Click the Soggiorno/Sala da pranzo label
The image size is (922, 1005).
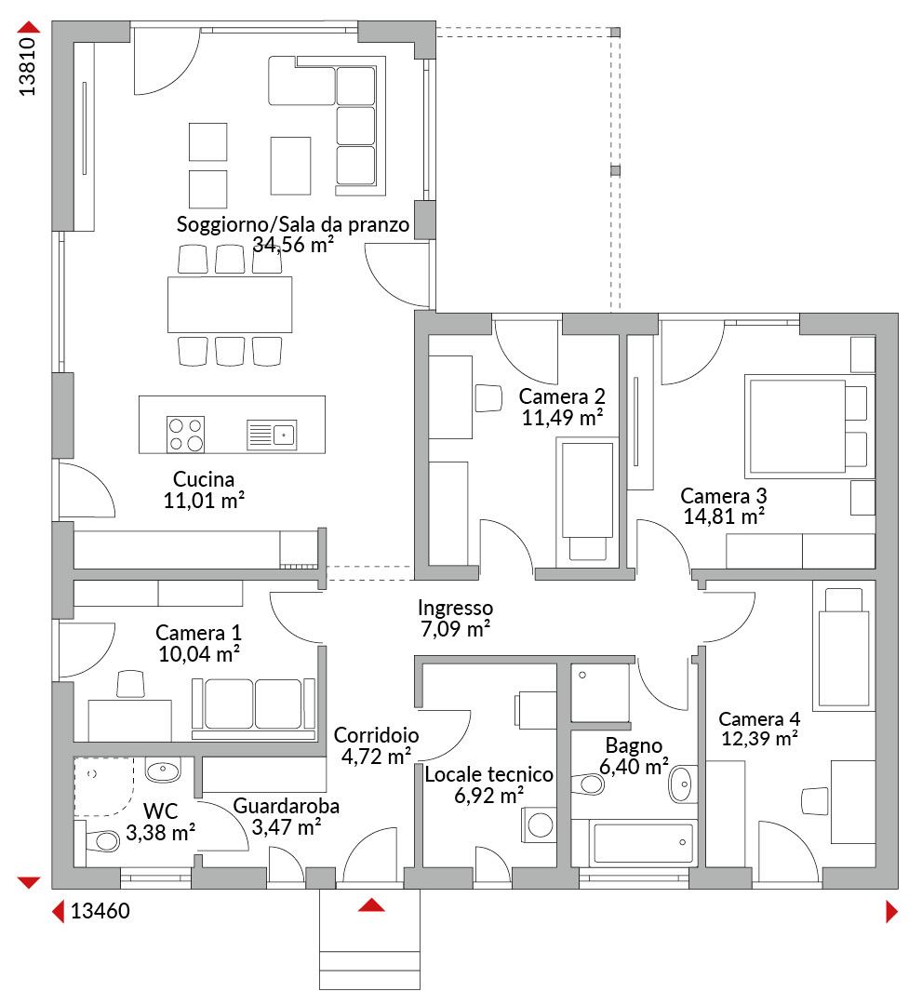[x=293, y=224]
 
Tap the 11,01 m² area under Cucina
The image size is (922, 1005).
[x=204, y=500]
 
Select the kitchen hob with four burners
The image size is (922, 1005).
[x=185, y=435]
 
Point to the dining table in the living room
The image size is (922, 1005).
[x=230, y=304]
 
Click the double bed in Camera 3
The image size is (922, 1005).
[x=806, y=426]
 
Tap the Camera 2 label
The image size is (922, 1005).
[x=562, y=396]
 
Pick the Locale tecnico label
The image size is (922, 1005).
[x=488, y=774]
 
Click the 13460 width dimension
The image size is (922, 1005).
[x=100, y=911]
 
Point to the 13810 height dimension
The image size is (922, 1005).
[x=27, y=67]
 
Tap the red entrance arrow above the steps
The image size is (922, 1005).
[x=371, y=904]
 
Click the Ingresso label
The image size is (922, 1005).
[x=456, y=608]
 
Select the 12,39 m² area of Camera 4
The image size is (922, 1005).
[x=759, y=739]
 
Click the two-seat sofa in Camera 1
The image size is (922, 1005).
[x=253, y=707]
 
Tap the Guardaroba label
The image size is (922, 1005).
[x=286, y=806]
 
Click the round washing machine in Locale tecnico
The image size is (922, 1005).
[x=540, y=824]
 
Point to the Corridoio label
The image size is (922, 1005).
[x=376, y=735]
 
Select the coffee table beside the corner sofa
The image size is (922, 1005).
[x=290, y=166]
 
